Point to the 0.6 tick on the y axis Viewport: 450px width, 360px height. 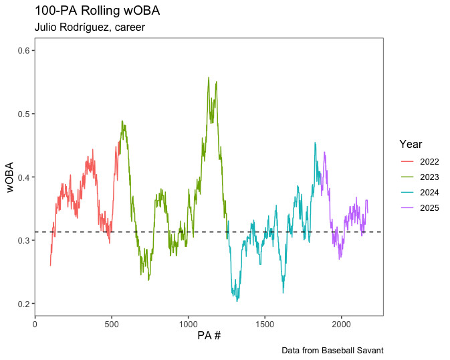[25, 51]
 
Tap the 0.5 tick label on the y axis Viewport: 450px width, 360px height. [25, 114]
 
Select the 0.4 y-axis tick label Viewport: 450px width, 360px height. [25, 177]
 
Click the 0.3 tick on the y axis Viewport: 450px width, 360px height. [25, 240]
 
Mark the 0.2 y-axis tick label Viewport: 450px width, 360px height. [25, 304]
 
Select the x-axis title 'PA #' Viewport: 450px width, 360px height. [209, 335]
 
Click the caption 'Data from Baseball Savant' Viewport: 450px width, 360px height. [332, 351]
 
